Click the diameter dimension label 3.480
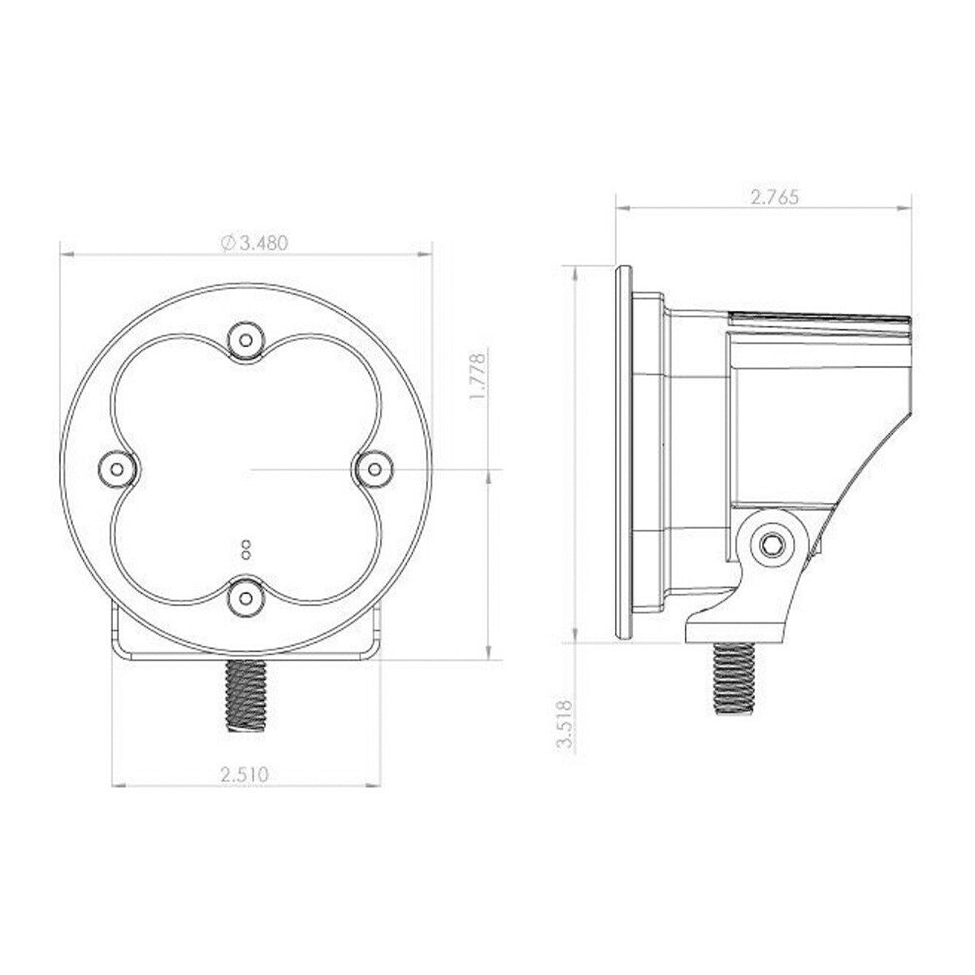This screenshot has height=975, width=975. (259, 243)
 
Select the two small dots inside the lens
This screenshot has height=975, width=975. (245, 550)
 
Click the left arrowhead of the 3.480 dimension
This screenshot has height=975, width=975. (65, 254)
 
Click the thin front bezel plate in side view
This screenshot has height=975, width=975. (622, 451)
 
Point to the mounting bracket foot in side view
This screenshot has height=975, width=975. (735, 625)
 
